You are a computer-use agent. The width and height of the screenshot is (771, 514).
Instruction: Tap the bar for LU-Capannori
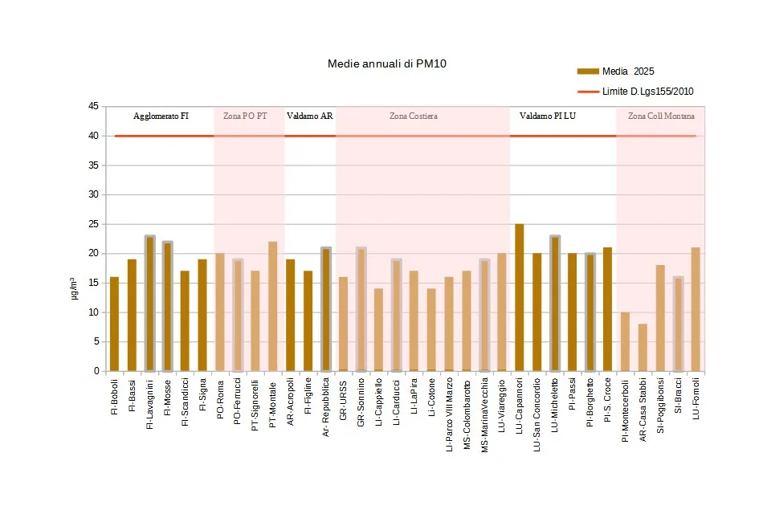[x=520, y=298]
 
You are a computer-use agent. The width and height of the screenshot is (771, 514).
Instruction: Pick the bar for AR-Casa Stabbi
[x=642, y=348]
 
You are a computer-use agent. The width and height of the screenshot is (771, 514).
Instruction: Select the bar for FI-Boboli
[x=114, y=324]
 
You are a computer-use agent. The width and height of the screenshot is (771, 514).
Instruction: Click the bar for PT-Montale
[x=272, y=307]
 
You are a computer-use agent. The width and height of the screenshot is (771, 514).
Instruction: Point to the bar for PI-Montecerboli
[x=625, y=342]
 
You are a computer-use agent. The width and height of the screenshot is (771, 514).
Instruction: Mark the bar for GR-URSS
[x=343, y=324]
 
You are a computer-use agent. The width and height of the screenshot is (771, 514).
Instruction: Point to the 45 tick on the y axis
[x=93, y=106]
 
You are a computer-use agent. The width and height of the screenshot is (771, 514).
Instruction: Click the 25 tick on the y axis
[x=93, y=224]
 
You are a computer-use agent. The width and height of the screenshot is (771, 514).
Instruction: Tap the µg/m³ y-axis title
[x=73, y=288]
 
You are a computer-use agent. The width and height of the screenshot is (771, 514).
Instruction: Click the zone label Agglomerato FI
[x=161, y=116]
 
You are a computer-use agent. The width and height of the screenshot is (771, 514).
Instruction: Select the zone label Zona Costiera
[x=413, y=116]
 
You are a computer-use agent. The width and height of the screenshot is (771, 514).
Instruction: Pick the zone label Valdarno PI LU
[x=547, y=116]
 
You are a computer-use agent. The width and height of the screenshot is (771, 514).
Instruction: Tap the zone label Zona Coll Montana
[x=661, y=116]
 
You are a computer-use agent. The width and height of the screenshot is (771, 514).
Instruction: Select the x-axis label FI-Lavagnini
[x=149, y=405]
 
